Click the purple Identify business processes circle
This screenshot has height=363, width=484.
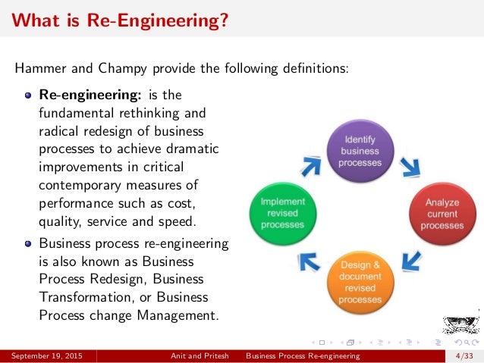[x=360, y=152]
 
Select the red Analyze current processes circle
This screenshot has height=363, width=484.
[x=442, y=214]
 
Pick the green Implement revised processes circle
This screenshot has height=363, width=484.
[x=282, y=214]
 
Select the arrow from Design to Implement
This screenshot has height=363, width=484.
[x=308, y=262]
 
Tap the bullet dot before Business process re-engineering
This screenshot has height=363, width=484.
[x=29, y=244]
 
